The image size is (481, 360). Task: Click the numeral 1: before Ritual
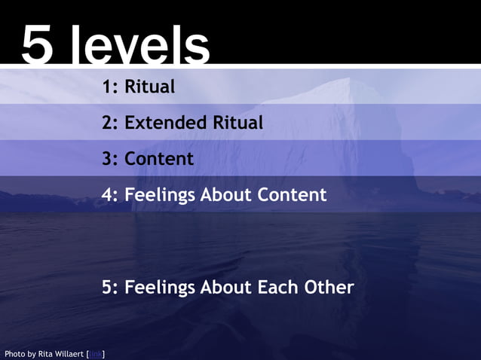111,87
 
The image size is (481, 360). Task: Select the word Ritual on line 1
149,87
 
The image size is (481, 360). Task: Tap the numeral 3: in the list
111,159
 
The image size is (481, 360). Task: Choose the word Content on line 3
159,159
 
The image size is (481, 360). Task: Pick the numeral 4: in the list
111,195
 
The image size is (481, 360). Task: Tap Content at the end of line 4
292,195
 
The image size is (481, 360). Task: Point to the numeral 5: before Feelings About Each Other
111,287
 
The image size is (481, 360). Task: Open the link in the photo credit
96,353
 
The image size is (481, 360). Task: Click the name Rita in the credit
46,353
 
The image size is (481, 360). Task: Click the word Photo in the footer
15,353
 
